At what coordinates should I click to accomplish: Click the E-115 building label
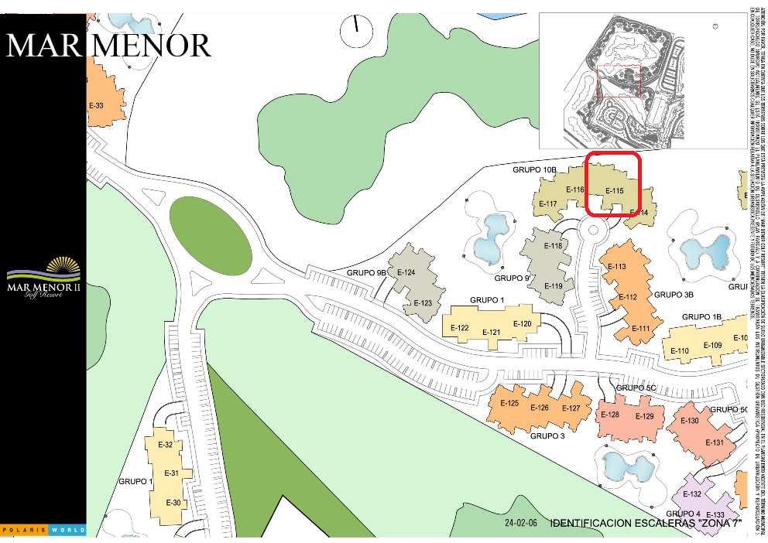tap(614, 191)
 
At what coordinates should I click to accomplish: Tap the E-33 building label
tap(97, 105)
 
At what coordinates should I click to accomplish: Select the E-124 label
tap(406, 272)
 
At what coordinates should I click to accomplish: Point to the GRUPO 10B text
tap(534, 169)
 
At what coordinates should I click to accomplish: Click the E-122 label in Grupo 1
tap(459, 328)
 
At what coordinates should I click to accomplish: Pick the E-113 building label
tap(617, 267)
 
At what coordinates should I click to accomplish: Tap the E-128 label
tap(610, 415)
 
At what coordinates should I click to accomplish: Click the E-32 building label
tap(165, 445)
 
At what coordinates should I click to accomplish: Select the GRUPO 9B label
tap(366, 273)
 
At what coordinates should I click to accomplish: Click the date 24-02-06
tap(521, 523)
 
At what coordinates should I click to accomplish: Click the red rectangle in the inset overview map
tap(619, 82)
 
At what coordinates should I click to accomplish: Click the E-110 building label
tap(679, 351)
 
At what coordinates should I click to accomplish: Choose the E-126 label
tap(539, 408)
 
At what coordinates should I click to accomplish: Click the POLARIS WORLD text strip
tap(43, 530)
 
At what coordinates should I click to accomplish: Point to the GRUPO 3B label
tap(673, 295)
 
